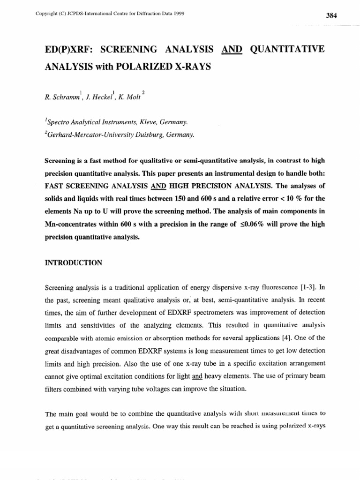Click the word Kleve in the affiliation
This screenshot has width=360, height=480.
(x=150, y=122)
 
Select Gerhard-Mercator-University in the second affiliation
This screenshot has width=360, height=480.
(x=91, y=135)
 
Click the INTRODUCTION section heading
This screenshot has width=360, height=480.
(x=73, y=263)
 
